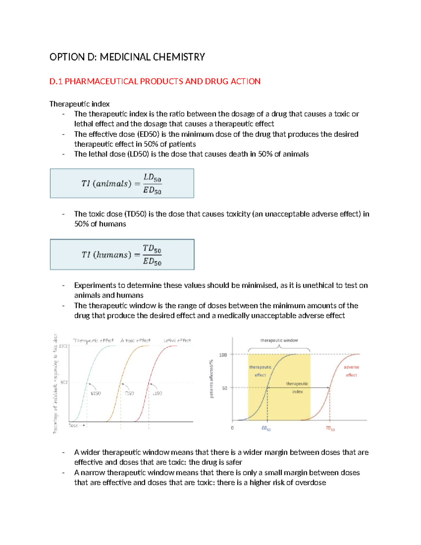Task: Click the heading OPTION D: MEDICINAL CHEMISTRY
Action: click(127, 57)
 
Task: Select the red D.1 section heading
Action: click(155, 81)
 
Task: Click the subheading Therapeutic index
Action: click(79, 104)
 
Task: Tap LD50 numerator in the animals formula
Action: click(152, 178)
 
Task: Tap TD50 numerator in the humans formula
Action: click(152, 249)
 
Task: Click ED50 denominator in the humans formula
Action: click(152, 261)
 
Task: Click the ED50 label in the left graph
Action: click(95, 393)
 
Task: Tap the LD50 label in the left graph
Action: click(157, 393)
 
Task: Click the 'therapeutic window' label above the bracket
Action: click(279, 340)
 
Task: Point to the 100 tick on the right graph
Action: click(223, 355)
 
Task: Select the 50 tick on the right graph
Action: click(225, 388)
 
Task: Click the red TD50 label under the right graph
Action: click(330, 428)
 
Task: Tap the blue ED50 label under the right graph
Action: click(266, 428)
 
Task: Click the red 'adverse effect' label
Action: click(351, 371)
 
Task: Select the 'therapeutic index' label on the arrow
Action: click(297, 387)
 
